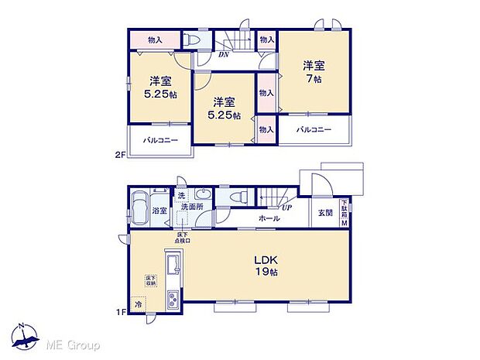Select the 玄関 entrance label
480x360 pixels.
tap(324, 214)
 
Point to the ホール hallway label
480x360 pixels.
tap(269, 219)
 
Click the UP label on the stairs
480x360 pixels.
tap(287, 208)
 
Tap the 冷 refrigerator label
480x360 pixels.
tap(139, 304)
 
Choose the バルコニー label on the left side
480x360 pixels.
tap(160, 140)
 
